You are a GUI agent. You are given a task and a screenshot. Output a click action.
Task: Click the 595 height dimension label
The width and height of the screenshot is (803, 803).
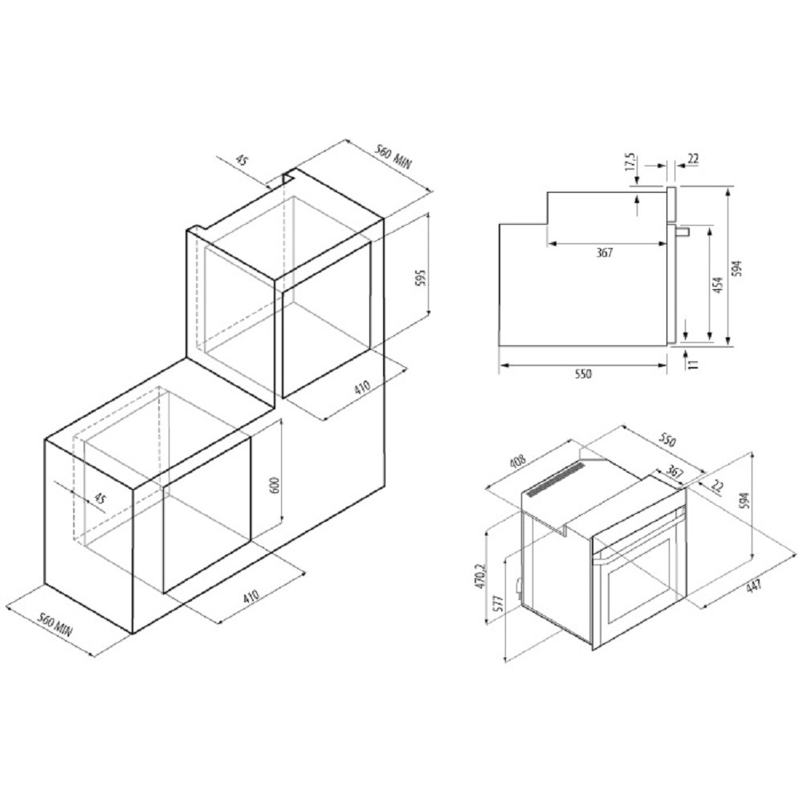click(x=420, y=279)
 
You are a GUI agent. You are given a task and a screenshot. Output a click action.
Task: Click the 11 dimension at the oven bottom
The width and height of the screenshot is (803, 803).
click(x=693, y=364)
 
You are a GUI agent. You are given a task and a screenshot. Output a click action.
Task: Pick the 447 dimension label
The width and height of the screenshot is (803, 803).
click(x=753, y=585)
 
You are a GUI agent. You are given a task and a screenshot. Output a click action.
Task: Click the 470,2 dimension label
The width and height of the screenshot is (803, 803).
click(x=480, y=576)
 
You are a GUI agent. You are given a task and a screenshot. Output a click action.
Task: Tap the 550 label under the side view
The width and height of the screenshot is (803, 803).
click(x=583, y=374)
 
